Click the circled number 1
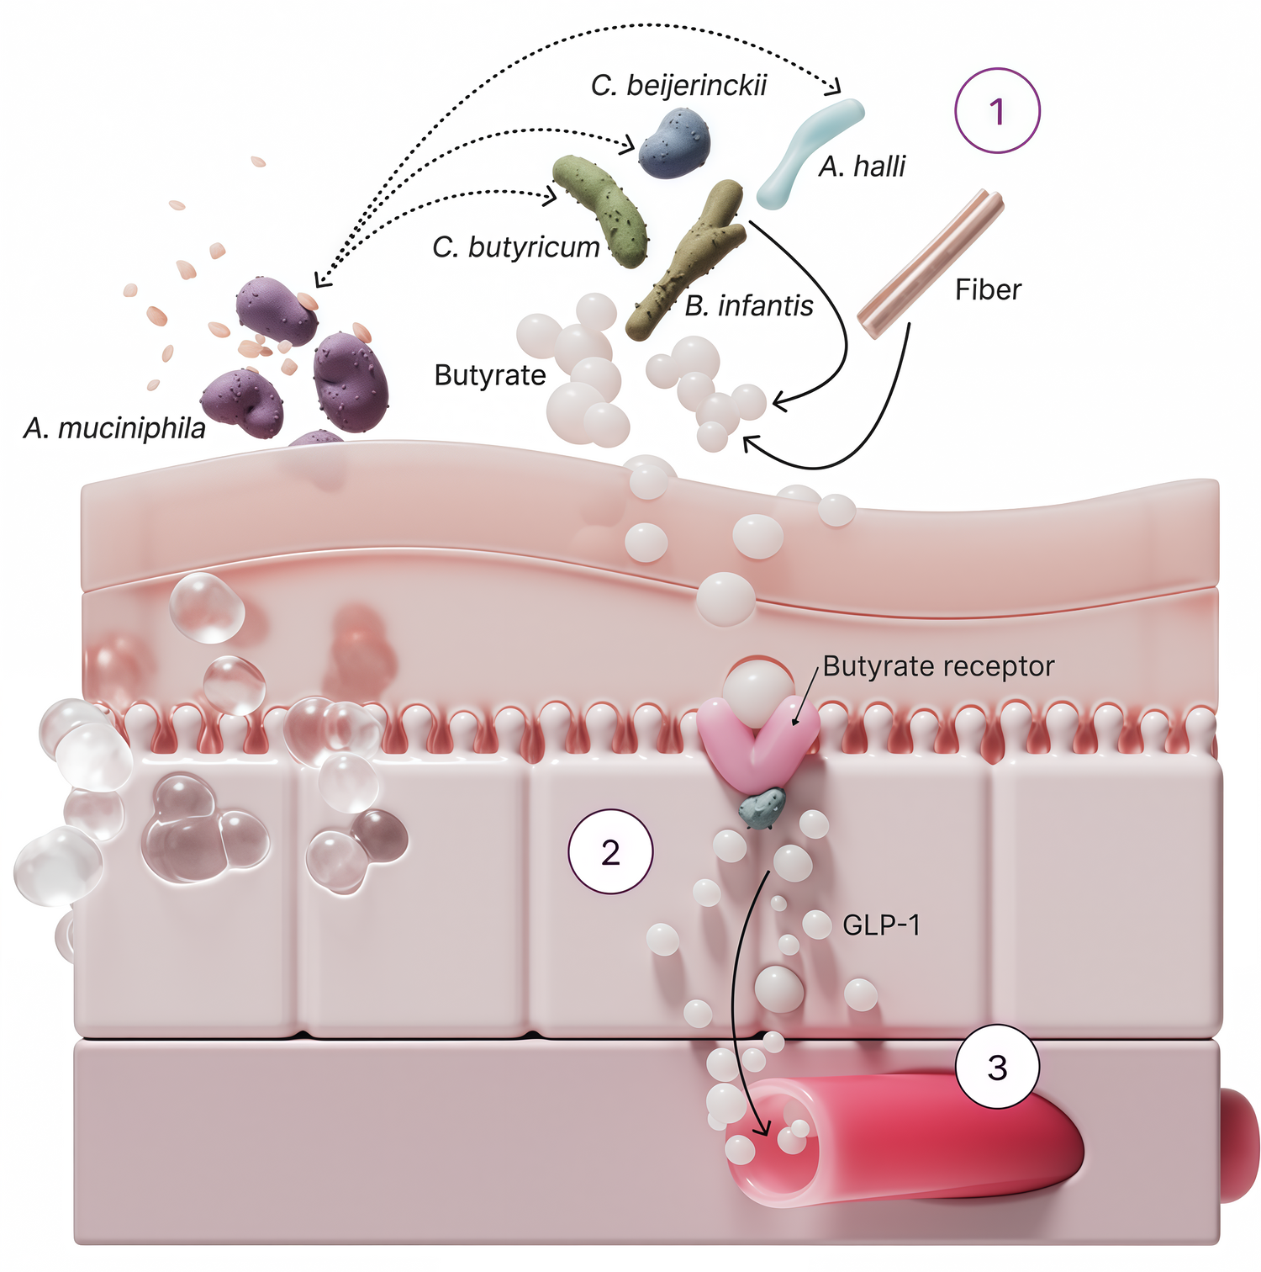click(997, 111)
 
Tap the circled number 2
click(610, 852)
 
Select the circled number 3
click(997, 1068)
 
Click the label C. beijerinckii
click(678, 86)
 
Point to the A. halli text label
click(862, 167)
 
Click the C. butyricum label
click(516, 247)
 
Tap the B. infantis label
click(748, 305)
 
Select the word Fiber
click(988, 289)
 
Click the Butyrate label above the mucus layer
click(490, 375)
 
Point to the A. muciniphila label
click(115, 429)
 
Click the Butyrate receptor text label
click(937, 666)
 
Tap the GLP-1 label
click(881, 926)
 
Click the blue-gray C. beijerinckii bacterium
click(674, 143)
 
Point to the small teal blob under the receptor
click(762, 808)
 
